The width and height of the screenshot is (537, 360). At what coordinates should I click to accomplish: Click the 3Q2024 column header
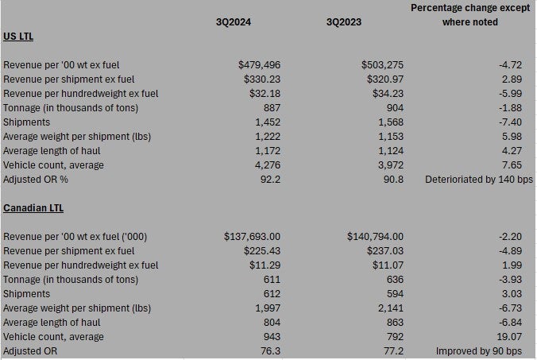pyautogui.click(x=234, y=22)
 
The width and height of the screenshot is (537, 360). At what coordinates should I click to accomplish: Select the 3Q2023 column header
pyautogui.click(x=344, y=22)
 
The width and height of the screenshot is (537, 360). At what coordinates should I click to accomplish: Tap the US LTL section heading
pyautogui.click(x=19, y=37)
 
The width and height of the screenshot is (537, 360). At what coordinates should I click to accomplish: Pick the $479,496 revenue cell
pyautogui.click(x=260, y=65)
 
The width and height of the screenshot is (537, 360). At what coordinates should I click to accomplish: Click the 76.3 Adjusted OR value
pyautogui.click(x=271, y=351)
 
